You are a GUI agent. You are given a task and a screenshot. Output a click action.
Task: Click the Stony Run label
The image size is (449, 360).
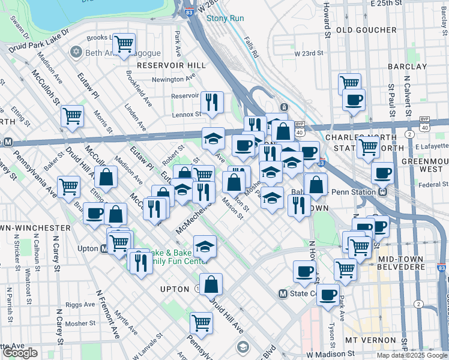click(x=225, y=18)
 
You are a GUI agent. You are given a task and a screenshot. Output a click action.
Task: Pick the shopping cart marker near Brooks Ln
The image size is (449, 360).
click(x=124, y=44)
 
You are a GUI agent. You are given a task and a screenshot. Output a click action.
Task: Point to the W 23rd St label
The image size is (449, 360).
click(x=309, y=53)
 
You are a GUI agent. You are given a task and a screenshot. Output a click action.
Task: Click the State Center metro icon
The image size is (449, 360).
click(x=284, y=293)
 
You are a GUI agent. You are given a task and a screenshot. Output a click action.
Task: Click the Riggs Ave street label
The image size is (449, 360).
click(x=80, y=304)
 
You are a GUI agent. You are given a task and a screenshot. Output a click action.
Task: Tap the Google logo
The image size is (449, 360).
click(x=20, y=353)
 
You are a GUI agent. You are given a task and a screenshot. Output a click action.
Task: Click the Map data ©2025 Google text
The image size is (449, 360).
click(x=411, y=355)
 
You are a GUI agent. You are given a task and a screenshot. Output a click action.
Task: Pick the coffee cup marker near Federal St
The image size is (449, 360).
click(x=382, y=173)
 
